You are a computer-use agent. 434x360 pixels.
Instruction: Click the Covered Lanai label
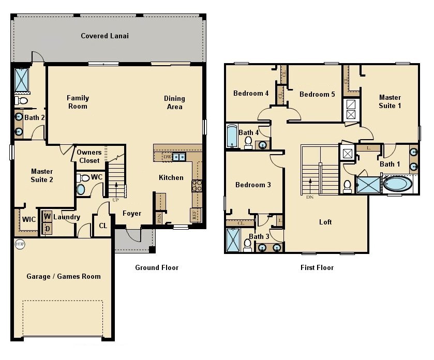click(x=104, y=36)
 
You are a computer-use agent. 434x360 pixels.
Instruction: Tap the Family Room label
click(x=78, y=102)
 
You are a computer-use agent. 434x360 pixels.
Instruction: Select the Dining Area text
click(x=174, y=102)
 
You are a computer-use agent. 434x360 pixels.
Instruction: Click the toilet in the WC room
click(x=85, y=178)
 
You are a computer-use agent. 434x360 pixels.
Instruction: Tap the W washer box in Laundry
click(x=47, y=216)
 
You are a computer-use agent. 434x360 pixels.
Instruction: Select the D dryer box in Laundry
click(x=47, y=228)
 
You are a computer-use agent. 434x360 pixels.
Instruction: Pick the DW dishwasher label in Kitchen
click(x=167, y=157)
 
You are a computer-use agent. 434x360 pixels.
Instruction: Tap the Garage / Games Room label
click(x=64, y=276)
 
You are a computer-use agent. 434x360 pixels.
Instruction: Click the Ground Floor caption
click(x=157, y=267)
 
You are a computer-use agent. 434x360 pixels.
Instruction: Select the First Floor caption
click(x=317, y=267)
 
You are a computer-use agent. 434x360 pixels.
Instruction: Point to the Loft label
click(x=325, y=222)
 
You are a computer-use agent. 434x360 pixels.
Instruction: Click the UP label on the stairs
click(x=116, y=199)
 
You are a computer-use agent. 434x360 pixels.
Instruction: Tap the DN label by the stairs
click(x=309, y=197)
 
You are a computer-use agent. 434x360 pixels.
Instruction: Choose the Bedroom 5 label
click(x=317, y=94)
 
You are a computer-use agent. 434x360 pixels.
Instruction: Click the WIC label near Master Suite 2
click(x=28, y=219)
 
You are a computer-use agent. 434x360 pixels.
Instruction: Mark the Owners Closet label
click(x=89, y=156)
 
